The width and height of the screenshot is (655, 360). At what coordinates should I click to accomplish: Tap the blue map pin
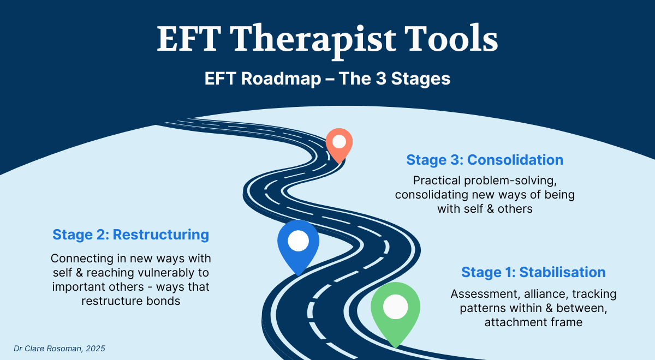298,245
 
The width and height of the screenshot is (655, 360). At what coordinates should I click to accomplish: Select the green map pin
395,313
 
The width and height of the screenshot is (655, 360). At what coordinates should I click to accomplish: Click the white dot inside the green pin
395,307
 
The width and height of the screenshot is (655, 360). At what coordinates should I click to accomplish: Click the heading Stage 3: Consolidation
485,160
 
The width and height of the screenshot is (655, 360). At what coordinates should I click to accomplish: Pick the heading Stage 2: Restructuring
130,235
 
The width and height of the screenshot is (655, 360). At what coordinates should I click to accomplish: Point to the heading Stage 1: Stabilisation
533,272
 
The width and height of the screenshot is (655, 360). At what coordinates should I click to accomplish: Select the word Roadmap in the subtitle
281,79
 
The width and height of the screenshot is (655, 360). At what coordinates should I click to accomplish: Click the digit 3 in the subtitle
381,79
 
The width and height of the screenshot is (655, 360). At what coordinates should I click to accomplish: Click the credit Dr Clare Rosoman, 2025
59,349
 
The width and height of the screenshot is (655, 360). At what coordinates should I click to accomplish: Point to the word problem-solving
510,181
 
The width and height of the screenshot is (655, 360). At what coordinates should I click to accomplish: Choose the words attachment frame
533,322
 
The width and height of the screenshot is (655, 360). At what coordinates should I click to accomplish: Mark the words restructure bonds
130,301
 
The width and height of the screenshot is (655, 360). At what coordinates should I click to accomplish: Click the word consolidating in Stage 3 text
432,195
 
